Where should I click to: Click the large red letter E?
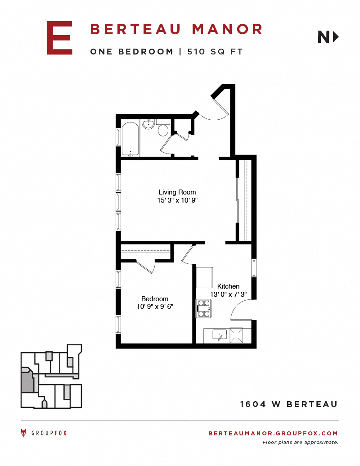[60, 38]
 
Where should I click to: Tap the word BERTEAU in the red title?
[135, 29]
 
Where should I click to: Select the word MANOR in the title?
[227, 29]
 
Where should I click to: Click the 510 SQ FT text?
[215, 52]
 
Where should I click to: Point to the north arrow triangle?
[336, 37]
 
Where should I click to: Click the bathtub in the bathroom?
[130, 139]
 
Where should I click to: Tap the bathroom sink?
[148, 124]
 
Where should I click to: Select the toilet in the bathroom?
[163, 128]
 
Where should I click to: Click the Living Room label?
[177, 192]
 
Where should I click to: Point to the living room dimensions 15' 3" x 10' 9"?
[177, 200]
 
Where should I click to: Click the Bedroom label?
[155, 299]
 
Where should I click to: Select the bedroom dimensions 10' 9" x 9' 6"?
[155, 307]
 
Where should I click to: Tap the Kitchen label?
[228, 286]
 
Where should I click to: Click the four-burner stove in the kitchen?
[203, 308]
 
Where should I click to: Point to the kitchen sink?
[220, 335]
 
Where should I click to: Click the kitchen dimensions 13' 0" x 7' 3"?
[229, 294]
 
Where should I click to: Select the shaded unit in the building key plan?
[27, 380]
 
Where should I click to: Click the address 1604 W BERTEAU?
[289, 404]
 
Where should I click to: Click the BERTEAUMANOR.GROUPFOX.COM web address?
[273, 433]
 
